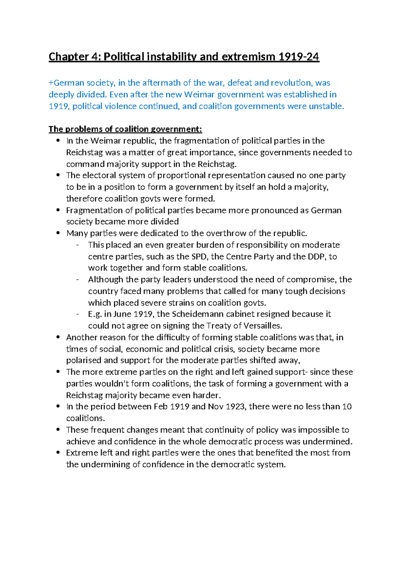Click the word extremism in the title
tap(247, 57)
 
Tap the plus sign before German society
tap(51, 83)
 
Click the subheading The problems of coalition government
tap(125, 129)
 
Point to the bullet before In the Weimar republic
tap(58, 141)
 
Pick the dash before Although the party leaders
tap(78, 279)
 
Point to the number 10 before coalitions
tap(347, 407)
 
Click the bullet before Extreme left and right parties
tap(58, 453)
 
